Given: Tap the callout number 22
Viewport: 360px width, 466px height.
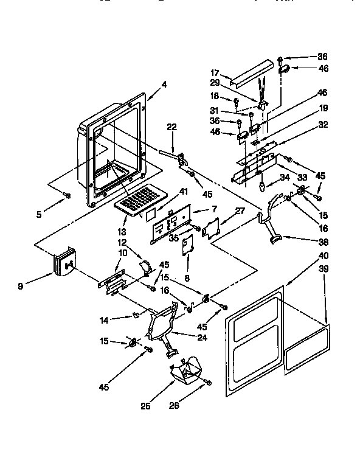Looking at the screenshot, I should (x=171, y=127).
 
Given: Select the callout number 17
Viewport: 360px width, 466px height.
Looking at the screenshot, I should (x=215, y=72).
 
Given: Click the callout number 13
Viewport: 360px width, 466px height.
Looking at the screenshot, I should (x=122, y=232).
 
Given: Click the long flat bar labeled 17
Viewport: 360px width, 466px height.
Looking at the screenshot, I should (x=250, y=72).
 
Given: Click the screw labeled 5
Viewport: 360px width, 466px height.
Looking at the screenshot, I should (x=69, y=195).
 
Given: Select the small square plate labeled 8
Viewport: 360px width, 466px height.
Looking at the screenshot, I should (x=188, y=245).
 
